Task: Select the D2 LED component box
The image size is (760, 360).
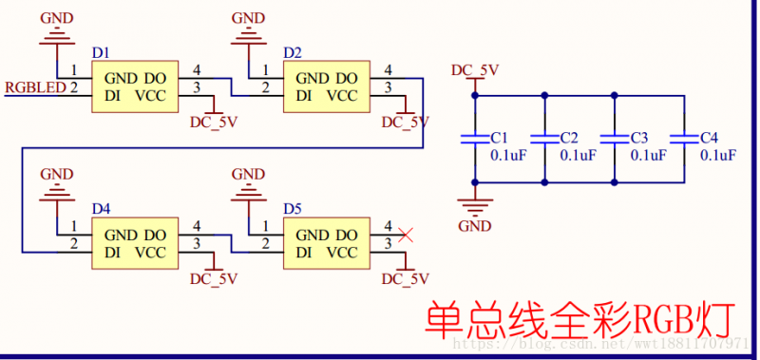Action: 327,86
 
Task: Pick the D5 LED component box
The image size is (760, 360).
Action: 327,244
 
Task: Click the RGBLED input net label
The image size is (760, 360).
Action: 35,87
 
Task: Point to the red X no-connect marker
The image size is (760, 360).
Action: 406,234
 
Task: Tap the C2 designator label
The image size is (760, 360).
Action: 570,138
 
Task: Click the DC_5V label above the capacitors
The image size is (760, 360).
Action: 474,69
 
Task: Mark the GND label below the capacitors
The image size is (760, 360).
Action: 474,226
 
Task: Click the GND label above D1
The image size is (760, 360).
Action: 57,18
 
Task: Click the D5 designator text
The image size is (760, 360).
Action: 293,207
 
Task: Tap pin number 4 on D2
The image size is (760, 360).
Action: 388,70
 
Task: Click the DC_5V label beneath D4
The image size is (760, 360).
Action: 214,278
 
